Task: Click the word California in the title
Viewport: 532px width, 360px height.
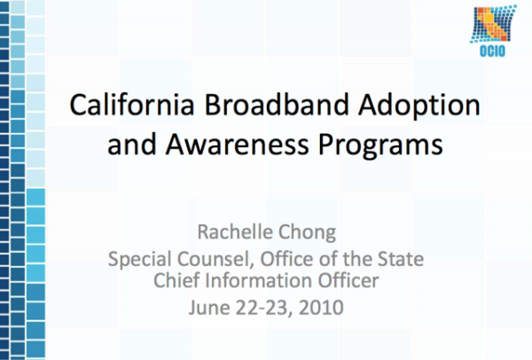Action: [129, 106]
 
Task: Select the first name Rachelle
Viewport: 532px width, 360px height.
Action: [240, 233]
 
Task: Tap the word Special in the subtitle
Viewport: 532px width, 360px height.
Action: [137, 260]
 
